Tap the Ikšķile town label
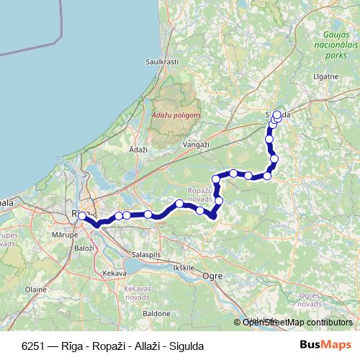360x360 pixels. point(184,267)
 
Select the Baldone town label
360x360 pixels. point(156,314)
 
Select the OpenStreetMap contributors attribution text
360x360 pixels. point(297,322)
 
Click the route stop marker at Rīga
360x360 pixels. point(82,215)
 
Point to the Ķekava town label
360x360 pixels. point(114,274)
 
